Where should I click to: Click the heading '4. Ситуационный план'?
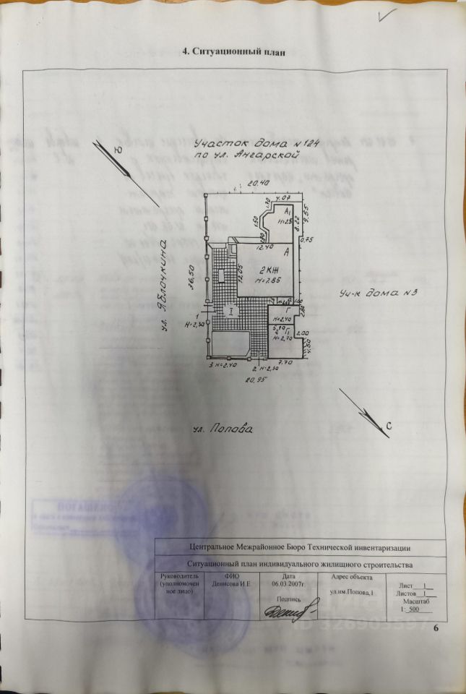238,51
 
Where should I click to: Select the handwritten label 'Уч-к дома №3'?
379,294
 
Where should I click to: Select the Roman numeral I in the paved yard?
230,312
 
